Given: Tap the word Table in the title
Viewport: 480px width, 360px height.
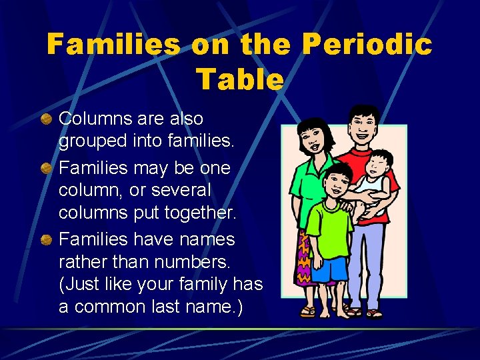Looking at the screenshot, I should [x=240, y=79].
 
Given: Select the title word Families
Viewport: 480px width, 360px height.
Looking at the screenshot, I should [x=113, y=45].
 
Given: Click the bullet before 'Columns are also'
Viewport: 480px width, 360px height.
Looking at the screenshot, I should [x=46, y=119].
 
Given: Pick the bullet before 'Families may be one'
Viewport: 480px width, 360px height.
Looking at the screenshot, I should [x=46, y=167].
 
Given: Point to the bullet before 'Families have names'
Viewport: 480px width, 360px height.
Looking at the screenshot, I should [x=46, y=238].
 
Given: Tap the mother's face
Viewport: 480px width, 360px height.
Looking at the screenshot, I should [x=312, y=143].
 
